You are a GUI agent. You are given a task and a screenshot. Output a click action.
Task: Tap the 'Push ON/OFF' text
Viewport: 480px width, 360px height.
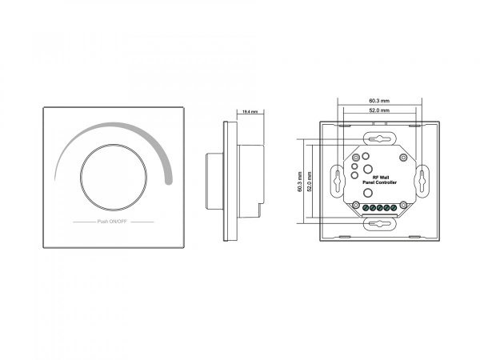pyautogui.click(x=112, y=222)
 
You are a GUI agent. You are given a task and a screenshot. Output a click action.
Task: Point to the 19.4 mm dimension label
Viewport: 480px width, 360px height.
pyautogui.click(x=250, y=112)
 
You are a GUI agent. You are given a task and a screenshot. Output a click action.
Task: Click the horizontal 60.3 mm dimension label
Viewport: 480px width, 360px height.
pyautogui.click(x=379, y=101)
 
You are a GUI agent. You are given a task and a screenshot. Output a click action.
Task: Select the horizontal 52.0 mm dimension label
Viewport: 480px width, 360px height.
pyautogui.click(x=379, y=110)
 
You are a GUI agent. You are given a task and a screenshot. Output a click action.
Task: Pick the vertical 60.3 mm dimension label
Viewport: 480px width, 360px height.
pyautogui.click(x=300, y=182)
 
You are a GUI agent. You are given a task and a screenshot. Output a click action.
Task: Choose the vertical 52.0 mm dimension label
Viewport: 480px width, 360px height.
pyautogui.click(x=310, y=182)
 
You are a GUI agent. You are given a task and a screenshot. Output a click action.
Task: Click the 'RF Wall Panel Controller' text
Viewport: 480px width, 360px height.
pyautogui.click(x=379, y=180)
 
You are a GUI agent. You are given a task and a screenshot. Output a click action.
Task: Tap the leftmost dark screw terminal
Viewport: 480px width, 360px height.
pyautogui.click(x=366, y=208)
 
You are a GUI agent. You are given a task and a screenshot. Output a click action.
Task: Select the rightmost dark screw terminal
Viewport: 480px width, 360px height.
pyautogui.click(x=394, y=208)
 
